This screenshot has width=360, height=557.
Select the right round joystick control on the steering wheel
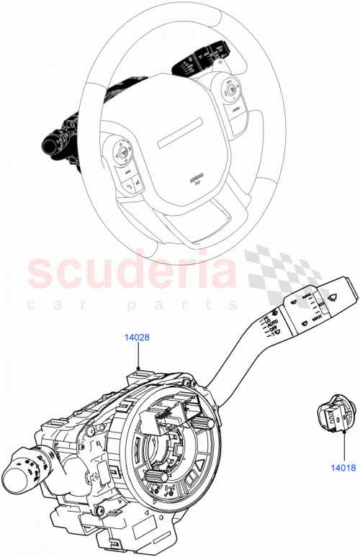tap(233, 89)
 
